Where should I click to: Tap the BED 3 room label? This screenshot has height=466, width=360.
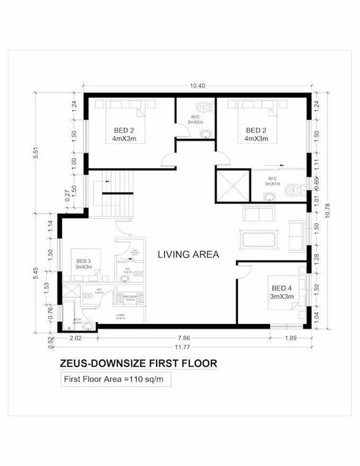click(83, 264)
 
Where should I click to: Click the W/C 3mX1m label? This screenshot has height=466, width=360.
click(273, 181)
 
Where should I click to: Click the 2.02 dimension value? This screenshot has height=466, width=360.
click(75, 338)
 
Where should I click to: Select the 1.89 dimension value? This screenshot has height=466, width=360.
click(290, 338)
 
